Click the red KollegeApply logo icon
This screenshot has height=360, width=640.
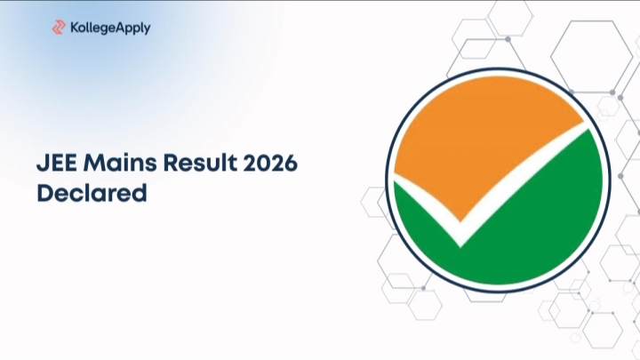[x=59, y=28]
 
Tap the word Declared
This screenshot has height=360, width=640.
[x=92, y=192]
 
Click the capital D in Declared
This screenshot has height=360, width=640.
[x=44, y=192]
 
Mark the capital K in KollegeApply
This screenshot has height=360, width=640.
[x=75, y=28]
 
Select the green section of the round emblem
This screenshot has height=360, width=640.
[x=533, y=222]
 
